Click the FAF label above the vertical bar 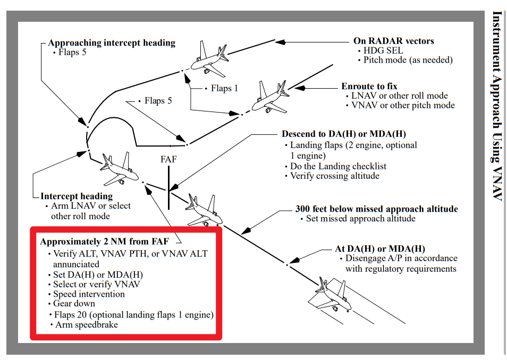pos(168,159)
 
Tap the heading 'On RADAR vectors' pos(393,41)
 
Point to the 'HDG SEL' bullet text pos(383,50)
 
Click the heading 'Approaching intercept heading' pos(112,43)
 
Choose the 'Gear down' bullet pos(74,304)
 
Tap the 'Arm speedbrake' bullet pos(87,324)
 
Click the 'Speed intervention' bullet pos(89,294)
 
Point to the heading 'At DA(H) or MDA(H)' pos(380,248)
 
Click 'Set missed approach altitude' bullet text pos(361,218)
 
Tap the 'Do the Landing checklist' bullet pos(338,166)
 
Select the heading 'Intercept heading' pos(77,196)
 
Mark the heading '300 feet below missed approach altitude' pos(376,209)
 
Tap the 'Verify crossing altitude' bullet pos(334,176)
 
